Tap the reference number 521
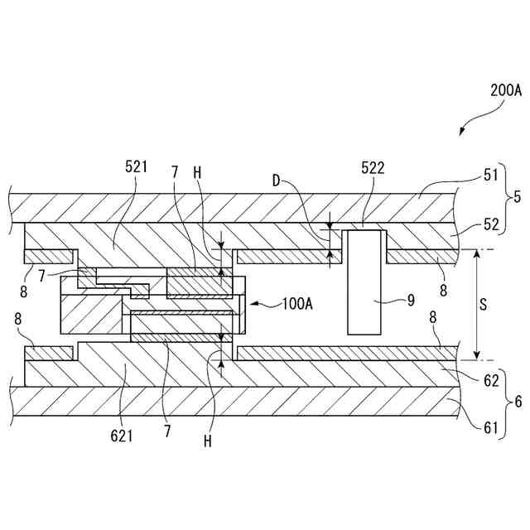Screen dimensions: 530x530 pos(137,166)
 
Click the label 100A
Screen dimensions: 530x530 pos(297,304)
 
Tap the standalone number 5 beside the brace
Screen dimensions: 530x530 pos(518,199)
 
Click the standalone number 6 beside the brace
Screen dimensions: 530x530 pos(518,403)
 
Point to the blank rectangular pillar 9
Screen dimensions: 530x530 pos(365,282)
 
